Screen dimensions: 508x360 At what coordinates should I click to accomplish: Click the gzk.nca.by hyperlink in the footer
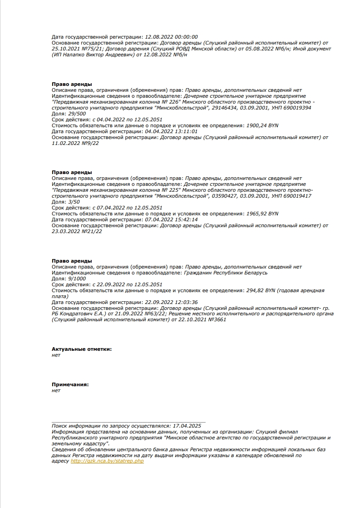pyautogui.click(x=107, y=461)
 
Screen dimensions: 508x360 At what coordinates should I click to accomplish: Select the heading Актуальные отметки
pyautogui.click(x=82, y=349)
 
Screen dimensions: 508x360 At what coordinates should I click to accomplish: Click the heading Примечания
pyautogui.click(x=70, y=384)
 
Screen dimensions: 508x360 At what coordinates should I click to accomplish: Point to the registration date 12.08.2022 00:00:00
pyautogui.click(x=171, y=37)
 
